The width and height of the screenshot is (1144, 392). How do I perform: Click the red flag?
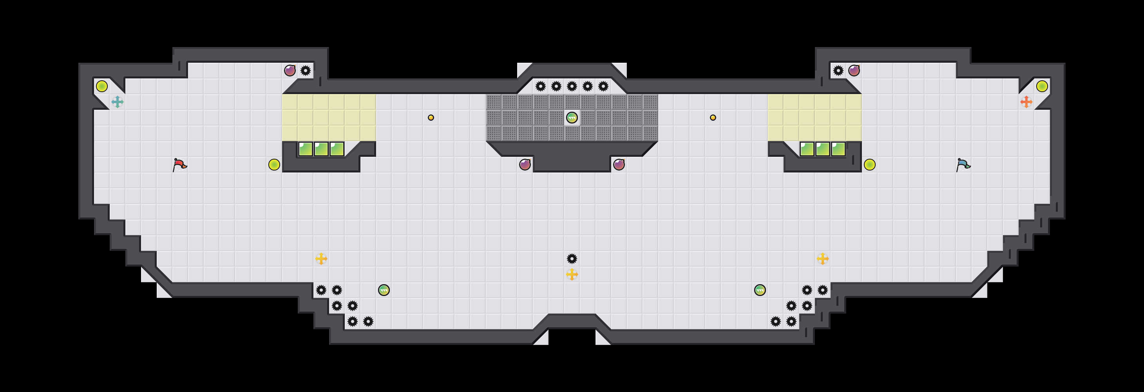pos(179,165)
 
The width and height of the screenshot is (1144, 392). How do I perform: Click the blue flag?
pos(963,165)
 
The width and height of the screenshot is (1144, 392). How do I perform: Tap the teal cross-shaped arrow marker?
pos(117,102)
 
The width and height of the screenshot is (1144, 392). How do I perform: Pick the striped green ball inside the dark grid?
pos(572,118)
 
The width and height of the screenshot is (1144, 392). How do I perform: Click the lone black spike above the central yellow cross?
pos(572,259)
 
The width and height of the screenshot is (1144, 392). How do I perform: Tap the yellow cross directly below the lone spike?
pos(572,274)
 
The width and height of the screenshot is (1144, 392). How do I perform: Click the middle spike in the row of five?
pos(572,86)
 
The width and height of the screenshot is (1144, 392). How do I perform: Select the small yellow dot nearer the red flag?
pos(431,118)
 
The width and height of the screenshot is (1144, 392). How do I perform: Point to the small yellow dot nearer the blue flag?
pos(713,118)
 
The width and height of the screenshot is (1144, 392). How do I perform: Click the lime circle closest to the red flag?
pos(274,165)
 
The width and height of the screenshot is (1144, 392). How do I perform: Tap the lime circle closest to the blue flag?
pos(869,165)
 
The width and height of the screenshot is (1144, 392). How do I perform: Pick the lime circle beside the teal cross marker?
pos(102,86)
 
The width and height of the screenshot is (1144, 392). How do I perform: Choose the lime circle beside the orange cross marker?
pos(1042,86)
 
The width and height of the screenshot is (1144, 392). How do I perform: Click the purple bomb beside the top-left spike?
pos(290,71)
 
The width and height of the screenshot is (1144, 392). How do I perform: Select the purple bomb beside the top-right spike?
pos(854,71)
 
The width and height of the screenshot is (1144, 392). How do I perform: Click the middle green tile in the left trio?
pos(321,149)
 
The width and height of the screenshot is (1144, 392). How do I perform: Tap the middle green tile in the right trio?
pos(822,149)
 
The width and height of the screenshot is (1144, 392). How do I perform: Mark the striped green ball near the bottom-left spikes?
pos(384,290)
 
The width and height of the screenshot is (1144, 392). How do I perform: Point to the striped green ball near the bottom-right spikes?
pos(760,290)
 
